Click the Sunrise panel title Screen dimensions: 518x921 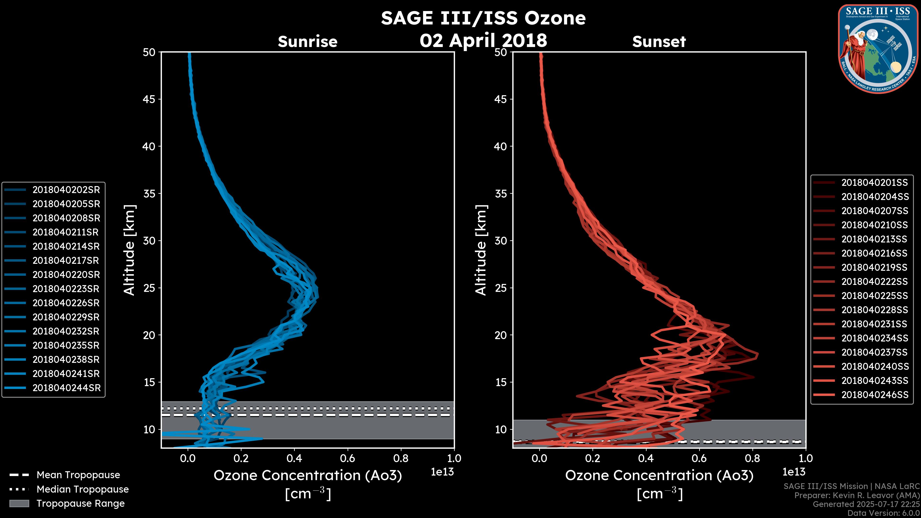[307, 41]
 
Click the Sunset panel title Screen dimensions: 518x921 [659, 41]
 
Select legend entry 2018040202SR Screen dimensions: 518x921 [66, 190]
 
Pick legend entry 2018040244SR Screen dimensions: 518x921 [66, 388]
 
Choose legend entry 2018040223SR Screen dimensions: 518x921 [66, 289]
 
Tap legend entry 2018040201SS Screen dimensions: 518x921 [874, 183]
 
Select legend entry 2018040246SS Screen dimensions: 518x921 [874, 395]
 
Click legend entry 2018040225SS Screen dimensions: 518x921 [874, 296]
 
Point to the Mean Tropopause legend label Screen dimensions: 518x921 [78, 475]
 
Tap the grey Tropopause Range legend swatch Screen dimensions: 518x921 [19, 503]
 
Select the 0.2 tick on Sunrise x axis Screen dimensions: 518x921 [241, 458]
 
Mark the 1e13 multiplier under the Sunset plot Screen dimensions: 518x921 [794, 472]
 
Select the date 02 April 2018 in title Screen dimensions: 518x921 [483, 40]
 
